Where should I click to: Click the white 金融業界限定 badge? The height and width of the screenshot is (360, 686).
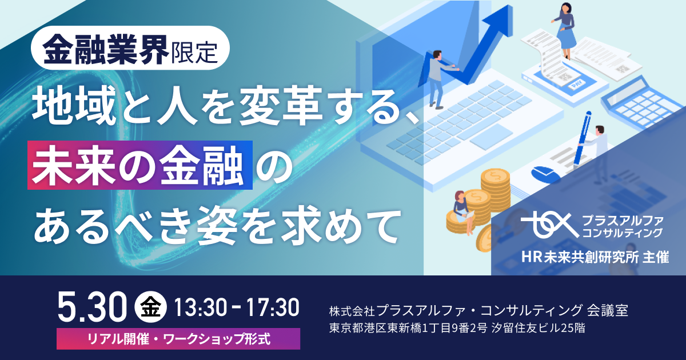click(x=130, y=48)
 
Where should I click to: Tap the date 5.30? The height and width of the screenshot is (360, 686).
click(x=92, y=307)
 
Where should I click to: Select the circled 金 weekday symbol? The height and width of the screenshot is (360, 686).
click(x=151, y=307)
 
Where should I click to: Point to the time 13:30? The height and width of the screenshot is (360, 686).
click(x=201, y=307)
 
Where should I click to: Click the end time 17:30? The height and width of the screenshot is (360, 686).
click(x=273, y=307)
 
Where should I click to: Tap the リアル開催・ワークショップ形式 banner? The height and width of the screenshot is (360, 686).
click(x=178, y=339)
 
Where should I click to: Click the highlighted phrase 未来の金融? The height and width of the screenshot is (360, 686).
click(x=140, y=165)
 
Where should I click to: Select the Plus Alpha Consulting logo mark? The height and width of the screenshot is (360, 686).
click(x=550, y=225)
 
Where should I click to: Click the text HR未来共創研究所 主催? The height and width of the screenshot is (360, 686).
click(x=595, y=257)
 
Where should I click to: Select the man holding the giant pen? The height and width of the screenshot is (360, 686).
click(x=597, y=147)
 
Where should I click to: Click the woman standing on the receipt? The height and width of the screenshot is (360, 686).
click(x=565, y=31)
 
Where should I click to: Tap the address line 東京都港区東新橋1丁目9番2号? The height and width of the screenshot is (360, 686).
click(x=408, y=328)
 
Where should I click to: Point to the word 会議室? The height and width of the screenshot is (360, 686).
click(x=608, y=310)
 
